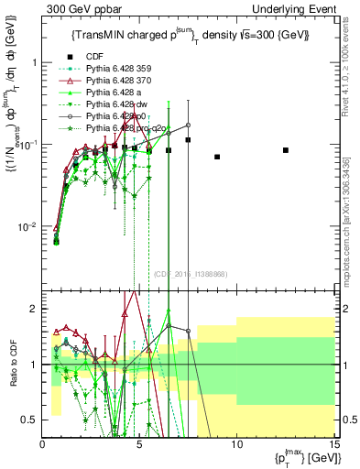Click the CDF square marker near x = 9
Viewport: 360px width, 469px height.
(217, 157)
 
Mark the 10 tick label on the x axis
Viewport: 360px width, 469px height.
(236, 443)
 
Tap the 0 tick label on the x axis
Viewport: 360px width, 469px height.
(43, 443)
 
